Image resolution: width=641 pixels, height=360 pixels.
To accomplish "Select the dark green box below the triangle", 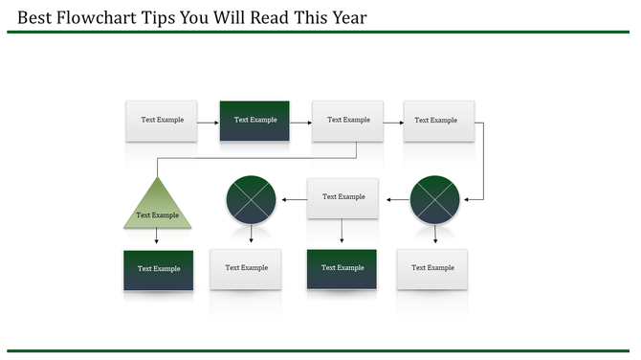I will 158,269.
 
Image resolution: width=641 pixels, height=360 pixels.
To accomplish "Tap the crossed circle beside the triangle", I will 251,200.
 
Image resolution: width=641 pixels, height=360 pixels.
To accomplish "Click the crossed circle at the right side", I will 435,200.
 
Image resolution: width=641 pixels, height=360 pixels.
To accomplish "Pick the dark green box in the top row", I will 254,121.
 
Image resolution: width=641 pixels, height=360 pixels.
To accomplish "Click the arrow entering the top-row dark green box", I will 209,121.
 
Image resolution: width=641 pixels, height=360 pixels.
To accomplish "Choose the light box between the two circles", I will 343,197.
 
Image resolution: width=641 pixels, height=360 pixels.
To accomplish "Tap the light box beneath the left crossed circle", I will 246,268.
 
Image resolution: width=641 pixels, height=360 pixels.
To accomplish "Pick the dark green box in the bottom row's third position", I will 343,268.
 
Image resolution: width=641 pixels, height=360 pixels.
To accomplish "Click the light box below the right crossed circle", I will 432,268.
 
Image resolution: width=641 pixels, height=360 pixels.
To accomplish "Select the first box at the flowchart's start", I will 161,121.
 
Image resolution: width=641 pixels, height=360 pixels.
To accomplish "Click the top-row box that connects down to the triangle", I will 347,121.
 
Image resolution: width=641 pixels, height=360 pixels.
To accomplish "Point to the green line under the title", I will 320,32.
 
